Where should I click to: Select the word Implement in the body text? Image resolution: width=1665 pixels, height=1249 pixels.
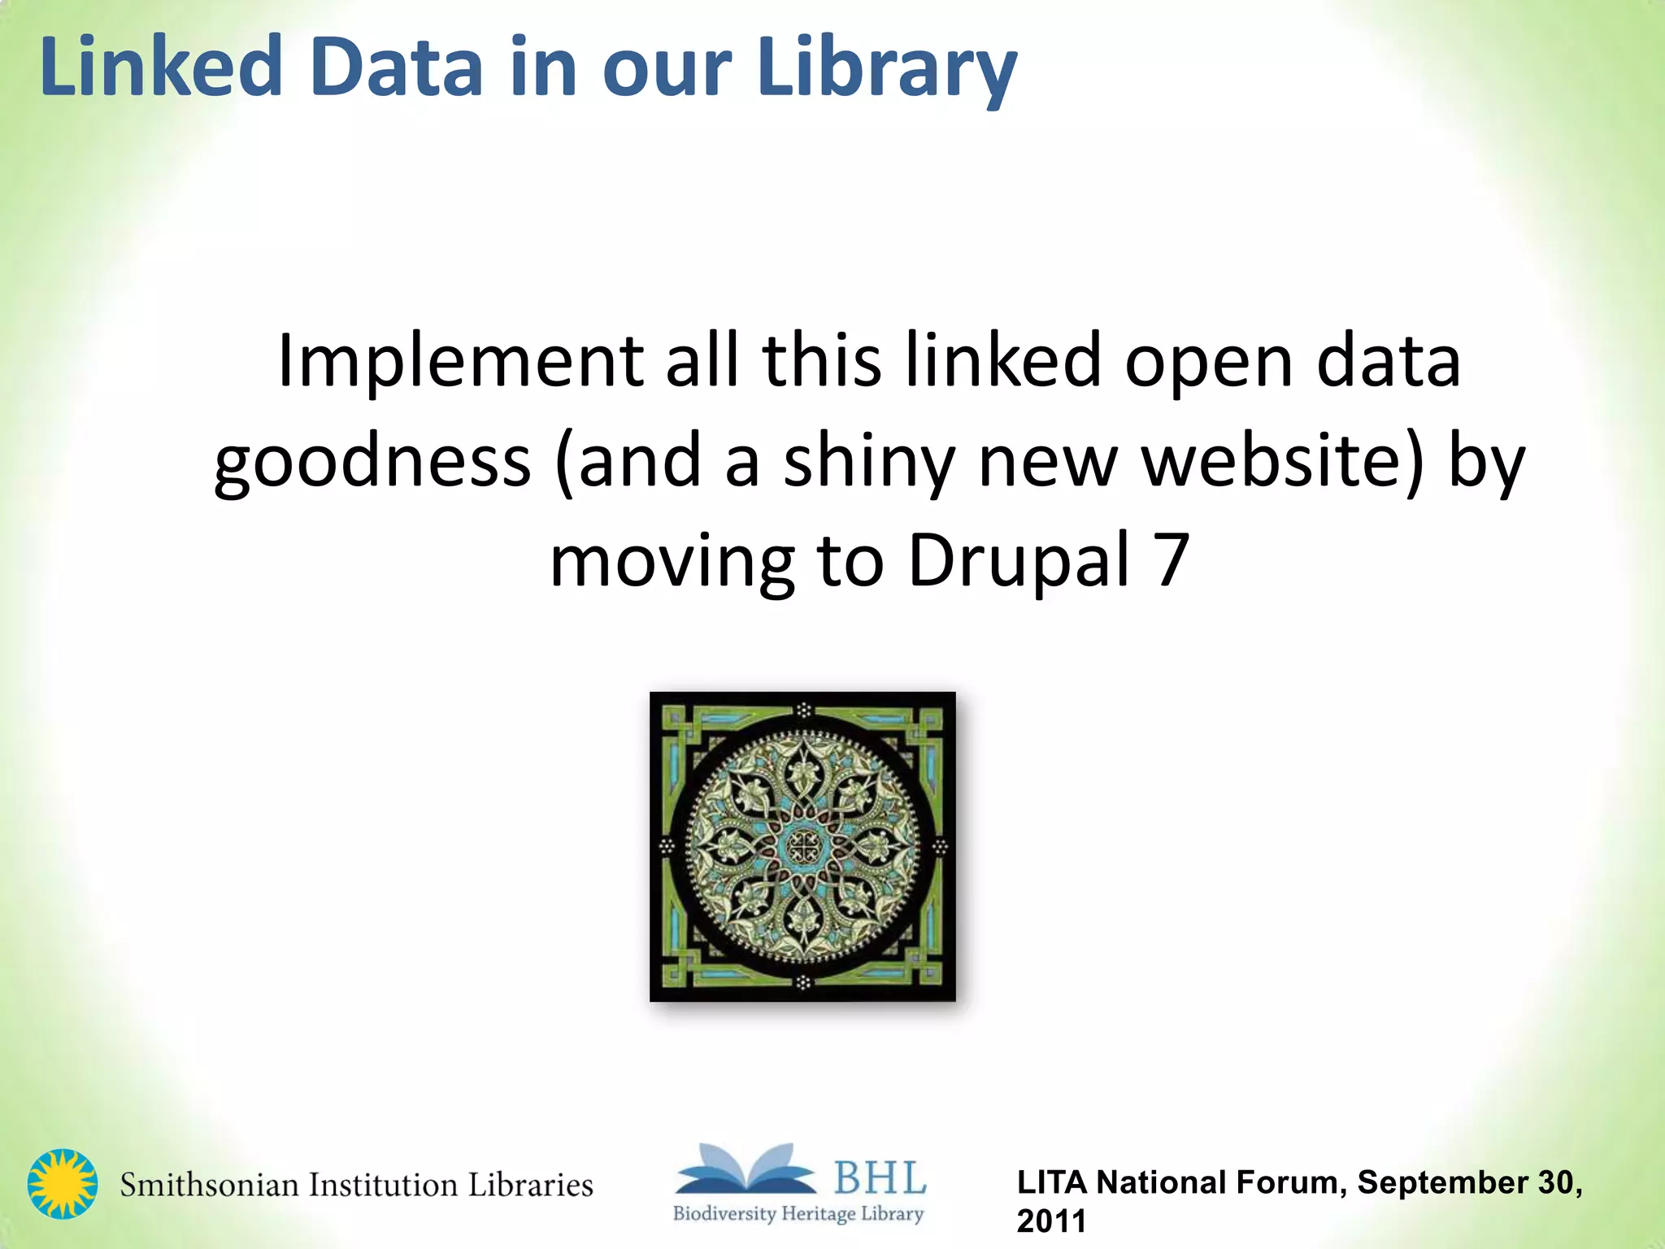pyautogui.click(x=460, y=361)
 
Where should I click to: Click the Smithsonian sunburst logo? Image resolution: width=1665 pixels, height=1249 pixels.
pyautogui.click(x=62, y=1184)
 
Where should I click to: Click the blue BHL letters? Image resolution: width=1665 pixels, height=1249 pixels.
pyautogui.click(x=880, y=1177)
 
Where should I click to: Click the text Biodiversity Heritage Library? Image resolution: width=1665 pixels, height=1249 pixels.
pyautogui.click(x=798, y=1214)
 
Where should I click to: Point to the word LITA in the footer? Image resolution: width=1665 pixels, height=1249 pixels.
pyautogui.click(x=1053, y=1182)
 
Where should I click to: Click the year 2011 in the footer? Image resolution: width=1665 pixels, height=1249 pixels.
pyautogui.click(x=1051, y=1221)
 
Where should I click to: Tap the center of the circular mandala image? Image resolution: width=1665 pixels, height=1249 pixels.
pyautogui.click(x=803, y=846)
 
